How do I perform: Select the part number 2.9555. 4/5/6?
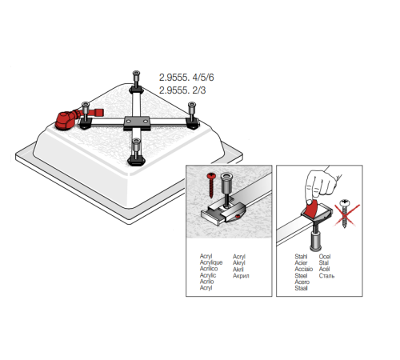click(x=186, y=78)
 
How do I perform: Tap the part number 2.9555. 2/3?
click(x=182, y=90)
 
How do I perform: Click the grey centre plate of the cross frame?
click(x=137, y=122)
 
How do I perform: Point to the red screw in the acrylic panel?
click(x=211, y=185)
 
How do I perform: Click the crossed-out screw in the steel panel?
click(x=345, y=213)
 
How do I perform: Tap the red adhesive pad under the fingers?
click(x=312, y=209)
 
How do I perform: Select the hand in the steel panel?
click(x=322, y=185)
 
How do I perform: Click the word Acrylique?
click(x=211, y=262)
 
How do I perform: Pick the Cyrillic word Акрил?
click(x=241, y=276)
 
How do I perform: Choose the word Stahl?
click(x=301, y=256)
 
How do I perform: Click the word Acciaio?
click(x=304, y=269)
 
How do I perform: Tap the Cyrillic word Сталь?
click(x=326, y=276)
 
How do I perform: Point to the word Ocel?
click(x=325, y=256)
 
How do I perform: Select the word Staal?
click(x=302, y=288)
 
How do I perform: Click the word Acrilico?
click(x=209, y=269)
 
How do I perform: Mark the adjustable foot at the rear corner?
click(x=136, y=82)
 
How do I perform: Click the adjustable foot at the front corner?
click(x=136, y=152)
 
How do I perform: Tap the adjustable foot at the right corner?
click(x=192, y=115)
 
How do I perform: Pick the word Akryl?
click(x=239, y=262)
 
